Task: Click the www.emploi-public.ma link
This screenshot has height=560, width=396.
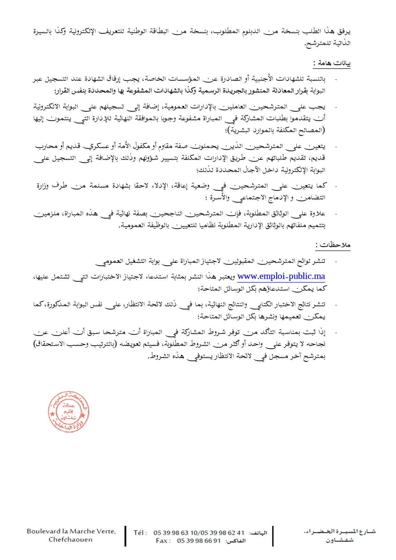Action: pyautogui.click(x=281, y=276)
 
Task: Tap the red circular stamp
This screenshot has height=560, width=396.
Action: pyautogui.click(x=68, y=412)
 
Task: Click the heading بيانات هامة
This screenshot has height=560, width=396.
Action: pyautogui.click(x=332, y=63)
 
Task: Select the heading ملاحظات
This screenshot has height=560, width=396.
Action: pyautogui.click(x=333, y=245)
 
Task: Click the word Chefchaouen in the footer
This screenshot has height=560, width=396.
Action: pyautogui.click(x=71, y=540)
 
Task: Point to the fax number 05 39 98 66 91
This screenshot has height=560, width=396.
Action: pyautogui.click(x=199, y=541)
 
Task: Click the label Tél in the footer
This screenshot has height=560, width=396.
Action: pyautogui.click(x=140, y=533)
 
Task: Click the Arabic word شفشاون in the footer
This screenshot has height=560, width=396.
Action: pyautogui.click(x=340, y=540)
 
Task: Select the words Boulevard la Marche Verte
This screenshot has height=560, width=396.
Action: pyautogui.click(x=71, y=531)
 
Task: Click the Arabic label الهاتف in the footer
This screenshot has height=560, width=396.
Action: pyautogui.click(x=258, y=533)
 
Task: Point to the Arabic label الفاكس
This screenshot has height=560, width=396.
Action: pyautogui.click(x=235, y=541)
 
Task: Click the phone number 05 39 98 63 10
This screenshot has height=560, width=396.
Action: pyautogui.click(x=171, y=533)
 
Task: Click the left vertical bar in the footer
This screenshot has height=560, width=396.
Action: pyautogui.click(x=125, y=536)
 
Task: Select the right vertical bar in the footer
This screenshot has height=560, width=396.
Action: pyautogui.click(x=273, y=536)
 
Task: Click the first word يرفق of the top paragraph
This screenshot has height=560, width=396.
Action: pyautogui.click(x=344, y=31)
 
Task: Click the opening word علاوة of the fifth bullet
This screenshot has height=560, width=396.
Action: pyautogui.click(x=318, y=213)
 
